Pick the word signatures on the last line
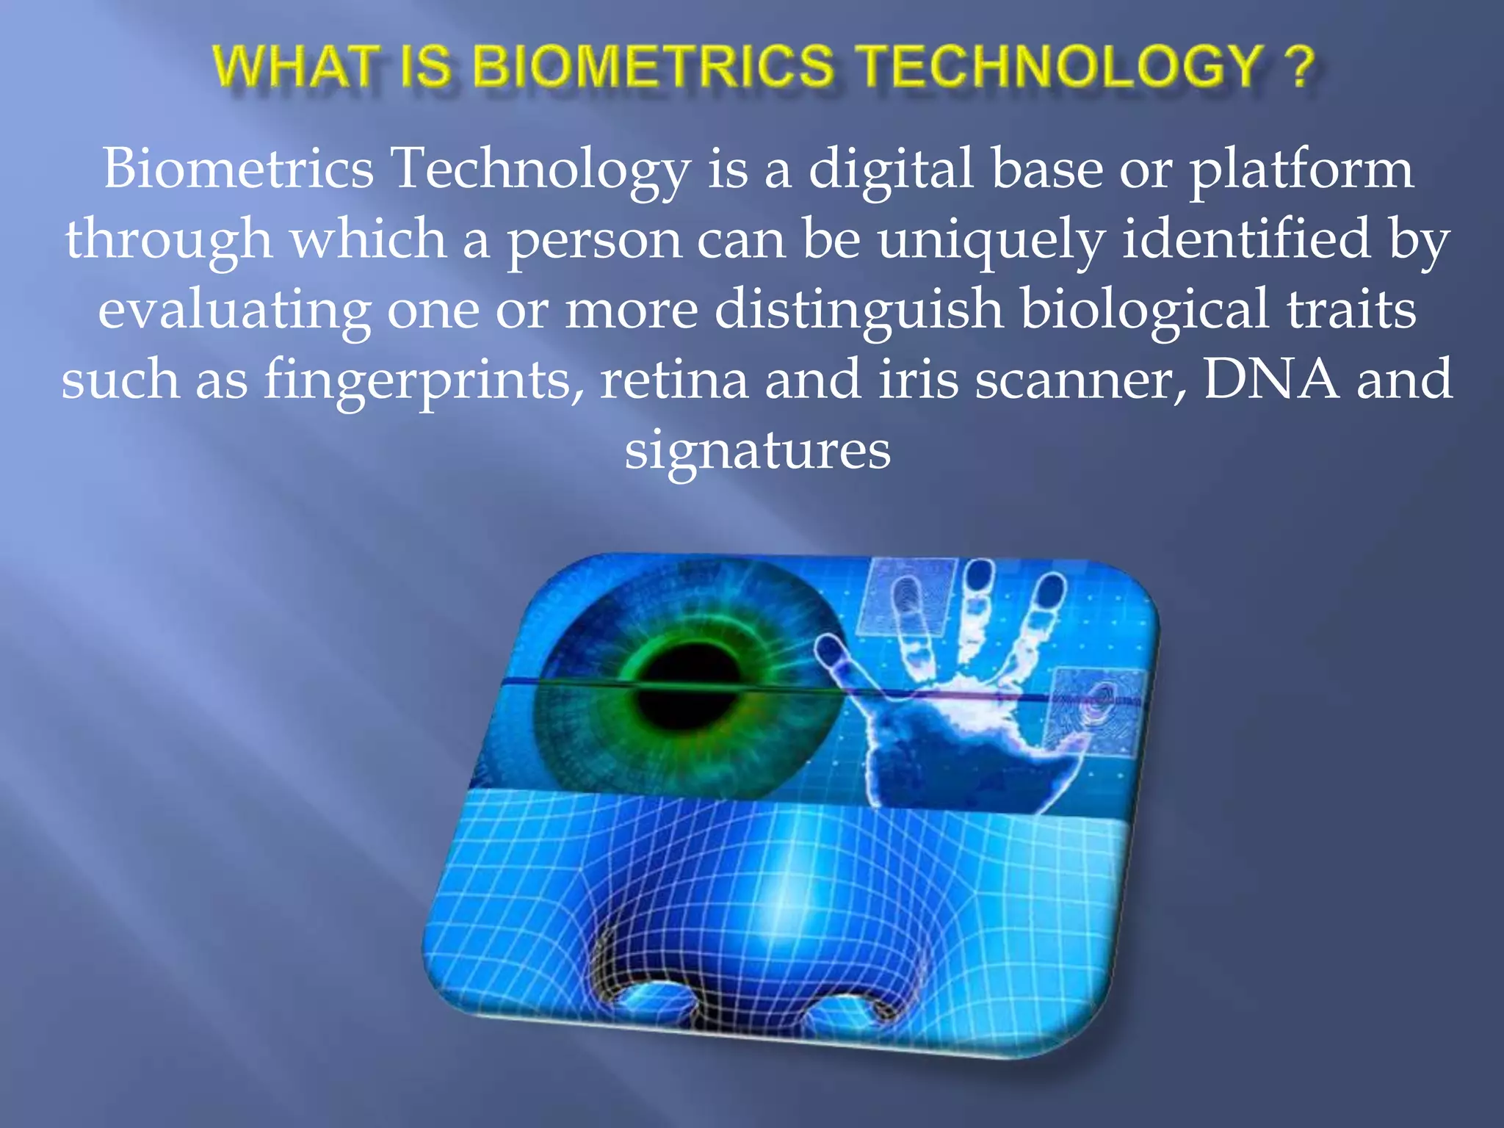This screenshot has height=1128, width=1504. (x=757, y=451)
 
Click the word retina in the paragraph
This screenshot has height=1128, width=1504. (x=673, y=380)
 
